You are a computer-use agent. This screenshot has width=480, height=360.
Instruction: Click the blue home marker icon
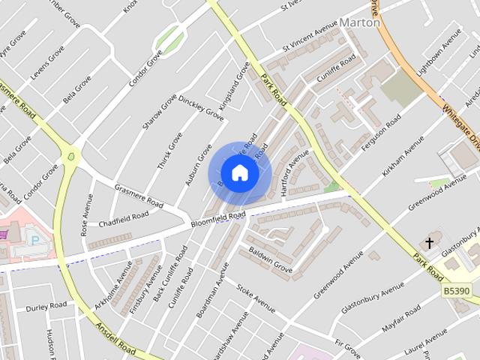click(239, 173)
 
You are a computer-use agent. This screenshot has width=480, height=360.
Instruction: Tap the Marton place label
click(360, 22)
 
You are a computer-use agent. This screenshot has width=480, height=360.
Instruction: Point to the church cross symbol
click(429, 243)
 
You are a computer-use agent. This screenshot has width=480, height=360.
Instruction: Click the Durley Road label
click(46, 307)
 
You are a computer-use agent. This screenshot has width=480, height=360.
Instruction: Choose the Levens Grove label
click(47, 67)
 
